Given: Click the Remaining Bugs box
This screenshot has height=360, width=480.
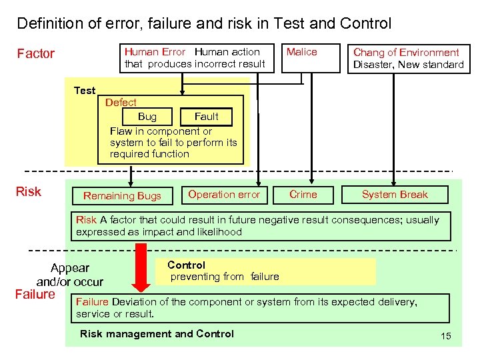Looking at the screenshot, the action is (122, 195).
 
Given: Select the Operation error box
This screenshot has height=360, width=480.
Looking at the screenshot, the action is (224, 195).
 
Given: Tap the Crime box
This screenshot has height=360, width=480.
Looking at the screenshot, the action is (303, 195).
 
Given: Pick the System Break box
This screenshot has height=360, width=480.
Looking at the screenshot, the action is (395, 195).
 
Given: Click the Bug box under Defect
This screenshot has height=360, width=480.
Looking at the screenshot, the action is (147, 117).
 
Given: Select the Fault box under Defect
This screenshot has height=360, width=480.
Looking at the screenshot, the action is (207, 117).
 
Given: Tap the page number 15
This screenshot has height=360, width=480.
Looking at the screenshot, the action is (446, 336).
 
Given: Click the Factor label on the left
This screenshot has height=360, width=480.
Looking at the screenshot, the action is (35, 54).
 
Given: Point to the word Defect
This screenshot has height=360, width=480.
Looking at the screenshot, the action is (121, 103).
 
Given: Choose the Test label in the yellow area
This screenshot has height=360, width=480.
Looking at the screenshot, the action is (85, 91).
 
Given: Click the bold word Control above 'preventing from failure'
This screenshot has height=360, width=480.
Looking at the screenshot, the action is (187, 265).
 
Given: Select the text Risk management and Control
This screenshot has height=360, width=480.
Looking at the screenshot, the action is (157, 334).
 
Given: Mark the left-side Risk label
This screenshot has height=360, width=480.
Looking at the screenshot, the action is (28, 192).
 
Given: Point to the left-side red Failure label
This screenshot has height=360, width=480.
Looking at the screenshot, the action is (35, 294).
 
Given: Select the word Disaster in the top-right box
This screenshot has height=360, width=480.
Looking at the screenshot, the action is (374, 65).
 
